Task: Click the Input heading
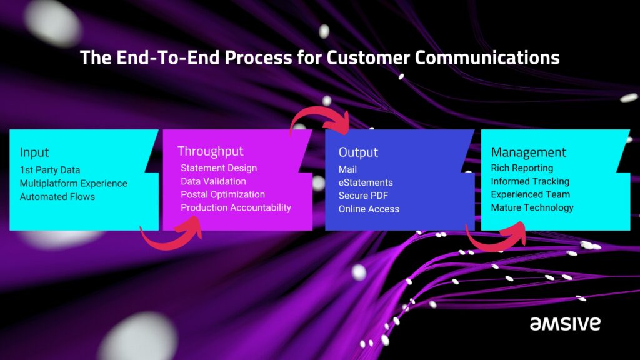(34, 152)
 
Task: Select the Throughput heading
(211, 151)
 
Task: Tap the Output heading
(358, 152)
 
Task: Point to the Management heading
(528, 152)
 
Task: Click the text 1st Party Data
(50, 170)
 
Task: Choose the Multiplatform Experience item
(73, 183)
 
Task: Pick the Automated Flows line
(57, 197)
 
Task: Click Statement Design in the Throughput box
(219, 168)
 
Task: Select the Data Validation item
(213, 181)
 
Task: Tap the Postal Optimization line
(222, 194)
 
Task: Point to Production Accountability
(236, 207)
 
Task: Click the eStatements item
(366, 182)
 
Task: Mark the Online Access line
(369, 209)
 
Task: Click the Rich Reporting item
(522, 168)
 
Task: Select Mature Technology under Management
(532, 207)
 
